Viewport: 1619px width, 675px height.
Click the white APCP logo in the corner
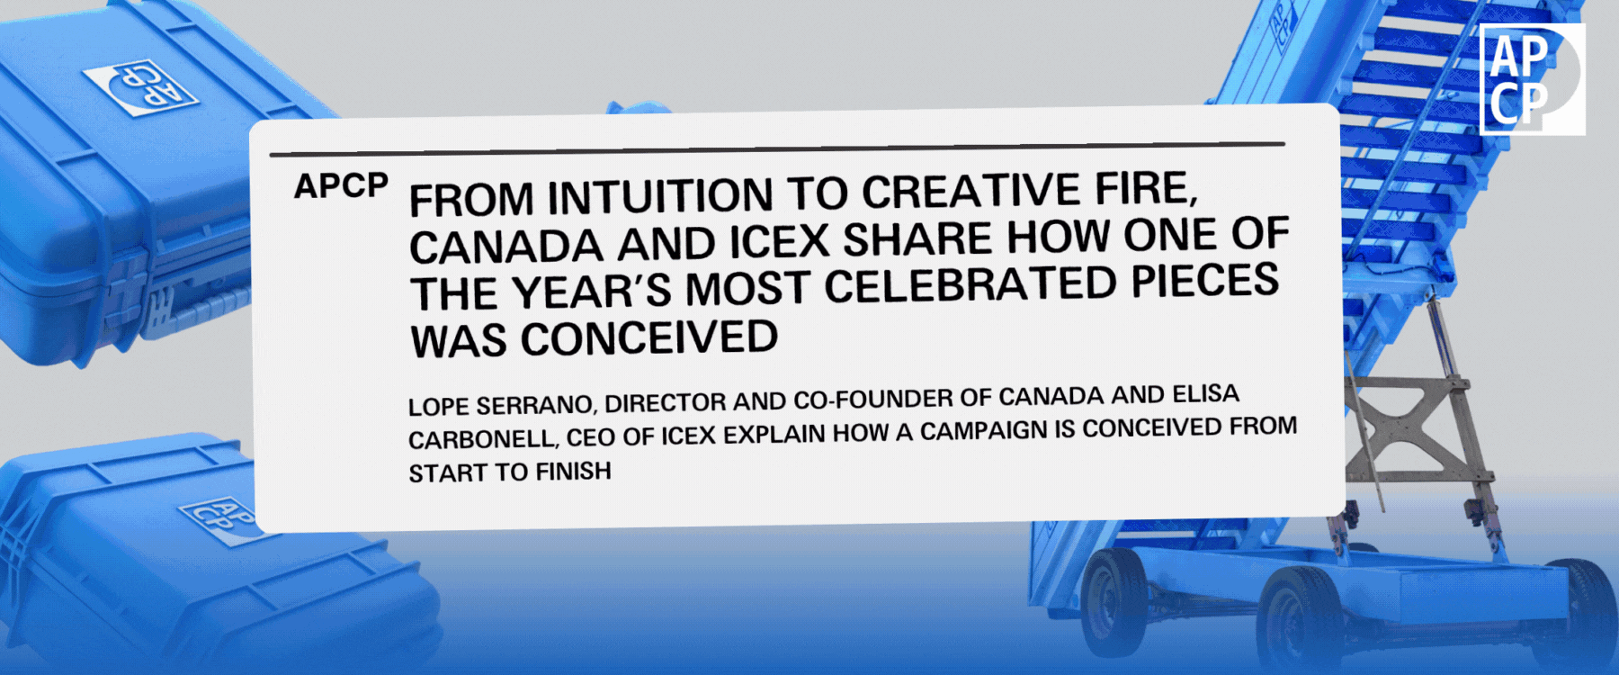[1532, 79]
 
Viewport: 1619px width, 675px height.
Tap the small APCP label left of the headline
[341, 186]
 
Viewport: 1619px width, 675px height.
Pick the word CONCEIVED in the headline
[649, 339]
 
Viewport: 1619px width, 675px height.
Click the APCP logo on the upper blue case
[140, 87]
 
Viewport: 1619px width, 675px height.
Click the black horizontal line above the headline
[777, 148]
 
